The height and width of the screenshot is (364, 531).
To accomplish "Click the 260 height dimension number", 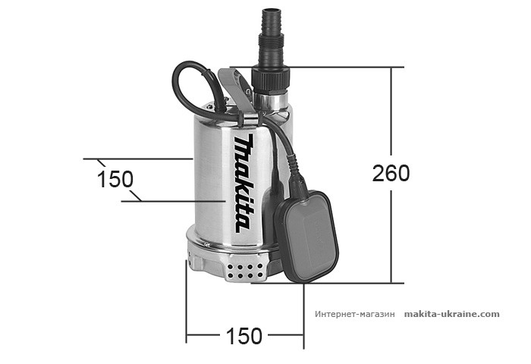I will (391, 173).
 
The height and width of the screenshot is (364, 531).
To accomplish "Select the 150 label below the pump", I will (244, 335).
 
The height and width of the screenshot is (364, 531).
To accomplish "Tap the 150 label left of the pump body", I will (115, 179).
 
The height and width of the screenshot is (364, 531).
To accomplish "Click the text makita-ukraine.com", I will (451, 313).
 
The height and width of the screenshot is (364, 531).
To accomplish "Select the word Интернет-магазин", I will (354, 314).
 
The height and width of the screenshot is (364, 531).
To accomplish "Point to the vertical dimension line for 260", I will (392, 227).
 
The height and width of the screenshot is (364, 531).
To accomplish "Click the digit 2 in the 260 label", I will (378, 173).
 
